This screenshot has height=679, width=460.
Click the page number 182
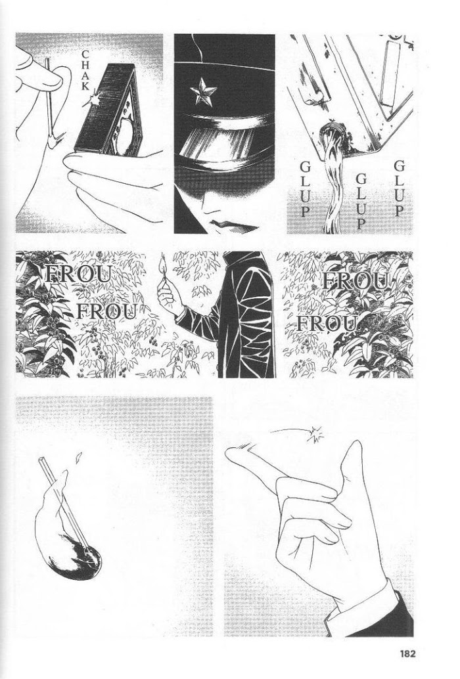[405, 653]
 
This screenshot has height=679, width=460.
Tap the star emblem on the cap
[202, 93]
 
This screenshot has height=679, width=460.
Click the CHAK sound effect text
[85, 70]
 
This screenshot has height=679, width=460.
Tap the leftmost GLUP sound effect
[306, 189]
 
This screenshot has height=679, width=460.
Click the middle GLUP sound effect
[361, 200]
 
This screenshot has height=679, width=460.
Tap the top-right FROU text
[356, 282]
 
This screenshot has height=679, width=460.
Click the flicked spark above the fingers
[315, 434]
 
